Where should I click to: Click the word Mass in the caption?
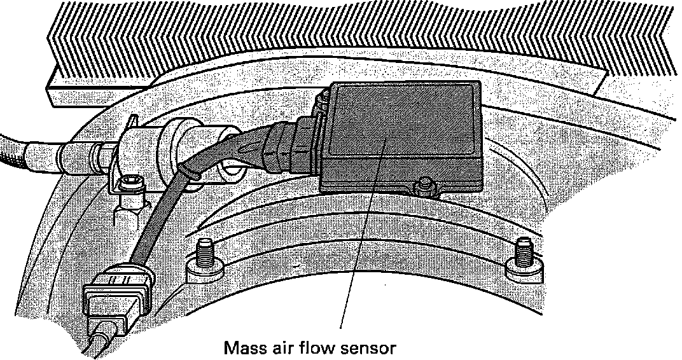pos(246,348)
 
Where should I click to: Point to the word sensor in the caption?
pos(370,349)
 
